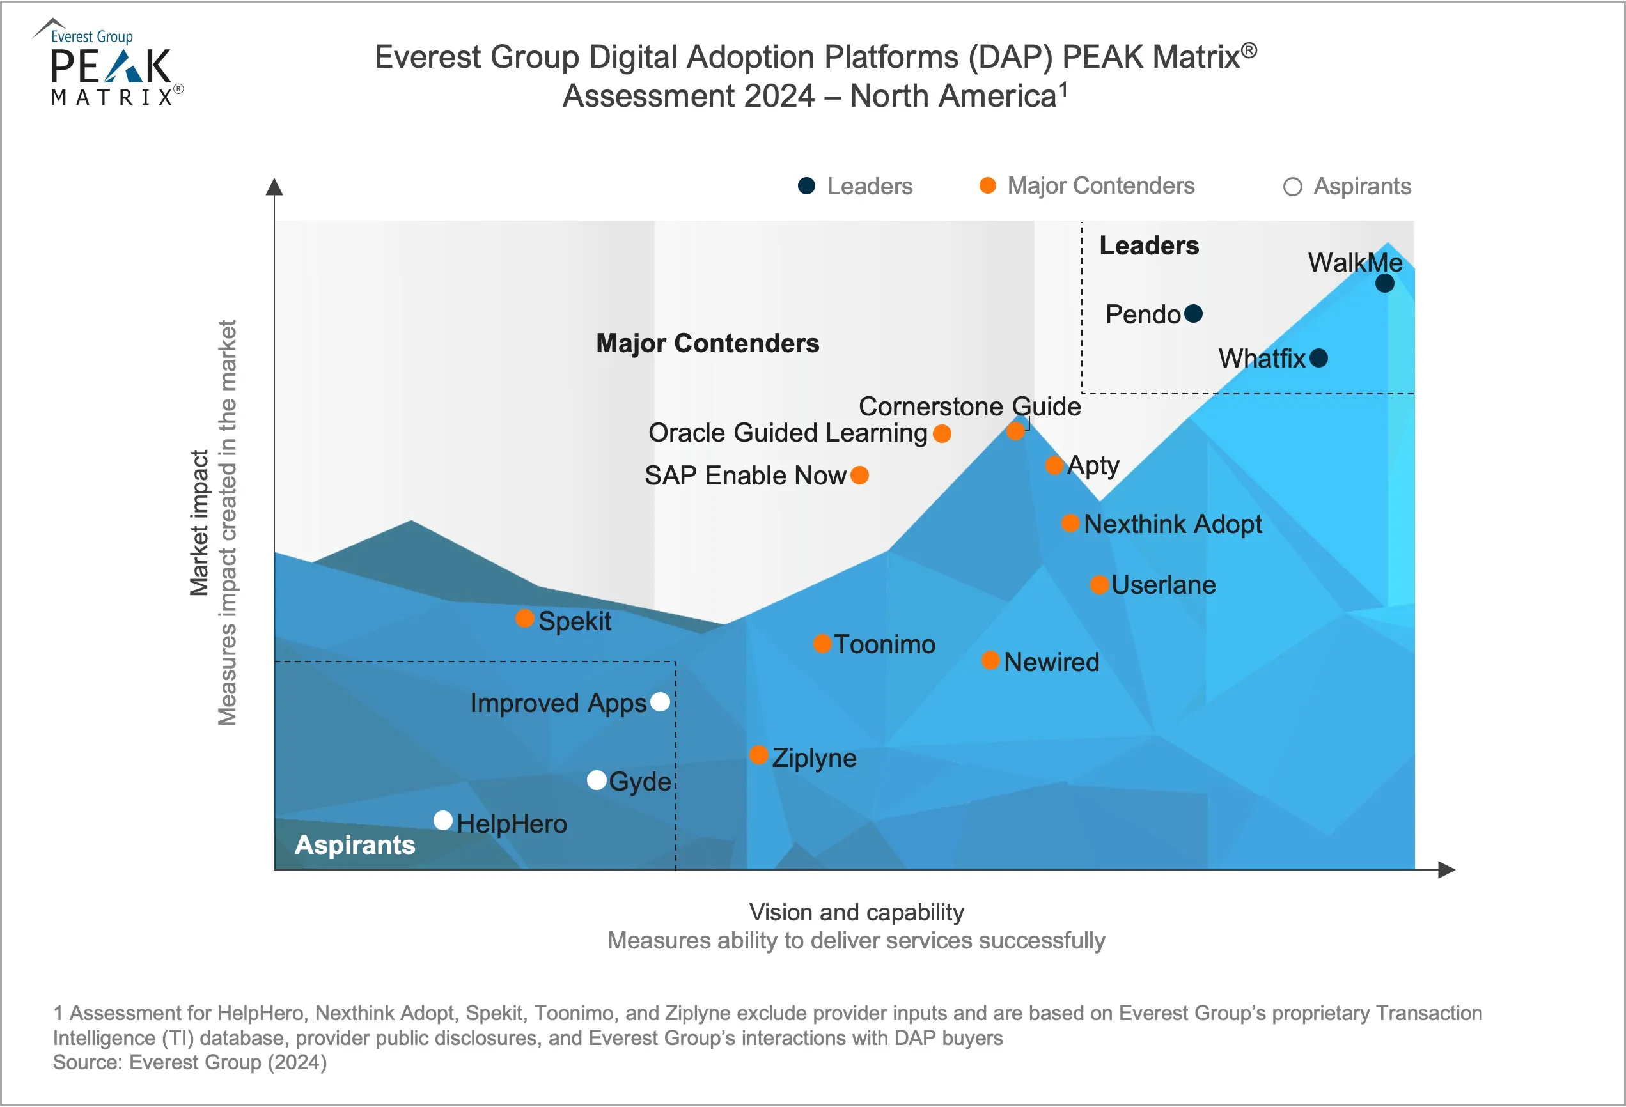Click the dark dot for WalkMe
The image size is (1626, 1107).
tap(1384, 283)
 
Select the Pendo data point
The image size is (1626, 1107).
tap(1194, 314)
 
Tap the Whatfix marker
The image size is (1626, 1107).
tap(1319, 358)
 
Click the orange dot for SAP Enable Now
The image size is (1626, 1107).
tap(860, 476)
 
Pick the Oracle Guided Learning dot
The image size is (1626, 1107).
tap(942, 433)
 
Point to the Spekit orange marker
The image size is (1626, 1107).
tap(525, 618)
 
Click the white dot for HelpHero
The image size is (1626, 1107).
tap(443, 820)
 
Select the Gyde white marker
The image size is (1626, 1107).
tap(597, 780)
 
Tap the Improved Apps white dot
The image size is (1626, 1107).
tap(660, 701)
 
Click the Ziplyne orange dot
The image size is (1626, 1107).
tap(759, 755)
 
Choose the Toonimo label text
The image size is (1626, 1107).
tap(884, 644)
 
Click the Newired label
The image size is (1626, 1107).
tap(1051, 662)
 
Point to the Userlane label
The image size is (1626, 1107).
tap(1164, 585)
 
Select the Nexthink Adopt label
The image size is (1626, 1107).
tap(1173, 523)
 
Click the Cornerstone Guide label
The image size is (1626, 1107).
tap(970, 406)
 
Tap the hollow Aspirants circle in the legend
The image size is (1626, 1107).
tap(1293, 187)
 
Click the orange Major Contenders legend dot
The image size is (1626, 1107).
tap(988, 185)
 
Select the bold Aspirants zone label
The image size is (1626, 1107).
tap(355, 845)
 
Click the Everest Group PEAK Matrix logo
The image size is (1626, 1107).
tap(110, 63)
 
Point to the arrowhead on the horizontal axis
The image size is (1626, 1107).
tap(1447, 870)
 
